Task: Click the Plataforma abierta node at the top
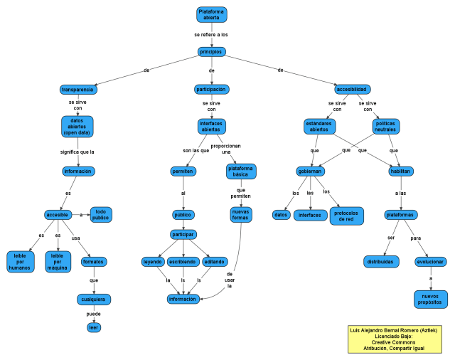point(211,14)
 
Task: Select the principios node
point(211,52)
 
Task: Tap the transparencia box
point(77,90)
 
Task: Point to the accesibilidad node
point(352,90)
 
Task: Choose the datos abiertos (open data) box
point(77,126)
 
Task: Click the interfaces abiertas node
point(211,126)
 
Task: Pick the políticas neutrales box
point(385,126)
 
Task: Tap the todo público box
point(101,214)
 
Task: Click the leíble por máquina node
point(58,260)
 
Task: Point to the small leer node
point(93,327)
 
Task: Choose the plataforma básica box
point(241,171)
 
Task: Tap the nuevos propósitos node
point(431,299)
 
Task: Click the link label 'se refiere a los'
point(211,34)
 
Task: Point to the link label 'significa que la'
point(77,152)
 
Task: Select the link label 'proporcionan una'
point(231,149)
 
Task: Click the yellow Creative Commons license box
point(396,339)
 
